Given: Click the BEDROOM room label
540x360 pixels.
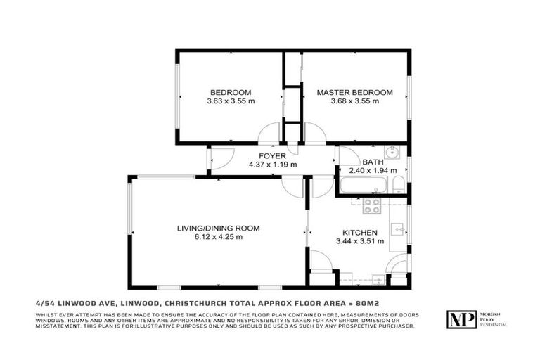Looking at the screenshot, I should pyautogui.click(x=231, y=92).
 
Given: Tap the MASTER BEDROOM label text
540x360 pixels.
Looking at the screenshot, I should pyautogui.click(x=354, y=92).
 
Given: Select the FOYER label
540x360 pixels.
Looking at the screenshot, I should pyautogui.click(x=272, y=155).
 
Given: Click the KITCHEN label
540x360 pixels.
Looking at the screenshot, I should pyautogui.click(x=360, y=233).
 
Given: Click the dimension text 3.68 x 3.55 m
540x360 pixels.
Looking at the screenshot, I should pyautogui.click(x=354, y=101).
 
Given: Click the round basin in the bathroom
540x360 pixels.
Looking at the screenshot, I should pyautogui.click(x=392, y=153).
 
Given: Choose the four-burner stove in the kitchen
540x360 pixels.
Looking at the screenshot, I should pyautogui.click(x=371, y=206).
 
